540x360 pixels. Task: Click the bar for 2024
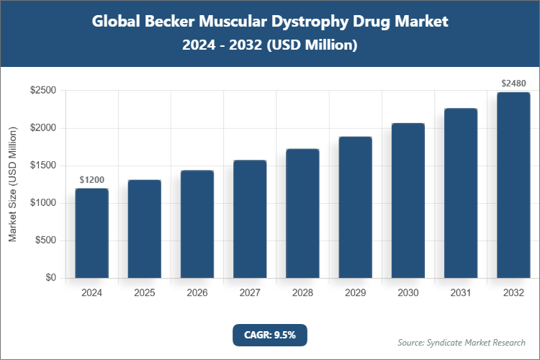pos(91,233)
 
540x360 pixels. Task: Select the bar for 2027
pos(250,219)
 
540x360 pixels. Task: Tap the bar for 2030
pos(408,201)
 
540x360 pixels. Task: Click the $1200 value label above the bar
pos(92,179)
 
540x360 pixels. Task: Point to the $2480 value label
pos(514,84)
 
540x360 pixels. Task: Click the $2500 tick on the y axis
pos(44,91)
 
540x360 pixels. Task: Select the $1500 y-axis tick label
pos(44,166)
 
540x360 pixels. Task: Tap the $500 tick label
pos(47,240)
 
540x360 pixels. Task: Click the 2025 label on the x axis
pos(145,293)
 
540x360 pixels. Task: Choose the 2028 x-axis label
pos(302,293)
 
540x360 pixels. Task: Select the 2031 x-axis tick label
pos(461,293)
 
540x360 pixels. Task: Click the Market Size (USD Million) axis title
pos(12,184)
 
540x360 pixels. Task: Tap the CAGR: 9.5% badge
pos(270,334)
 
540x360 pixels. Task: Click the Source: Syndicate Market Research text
pos(462,342)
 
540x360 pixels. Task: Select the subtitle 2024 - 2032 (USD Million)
pos(270,45)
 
